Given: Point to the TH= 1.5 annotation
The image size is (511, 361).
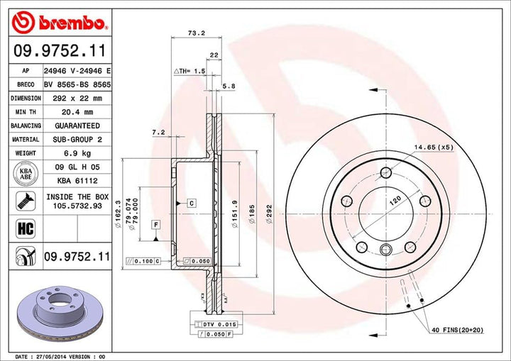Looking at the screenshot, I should tap(190, 72).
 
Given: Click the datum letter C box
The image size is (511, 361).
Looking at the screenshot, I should tap(191, 204).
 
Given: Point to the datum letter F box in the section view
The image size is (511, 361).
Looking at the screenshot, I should tap(155, 225).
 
